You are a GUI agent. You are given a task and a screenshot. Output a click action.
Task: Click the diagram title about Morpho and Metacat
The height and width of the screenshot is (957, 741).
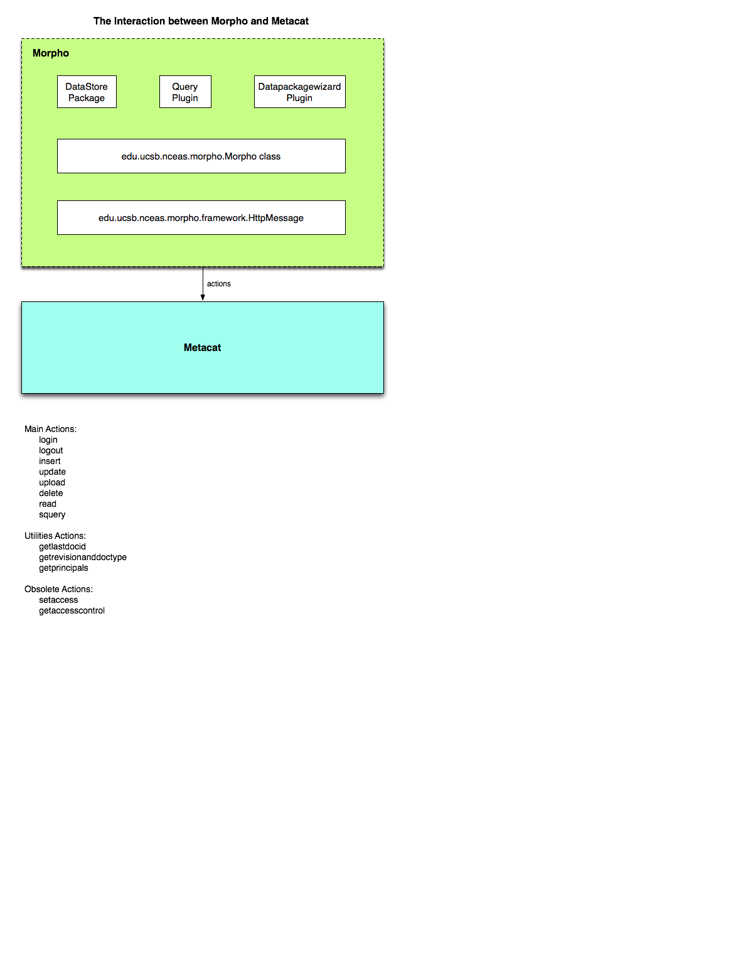(201, 21)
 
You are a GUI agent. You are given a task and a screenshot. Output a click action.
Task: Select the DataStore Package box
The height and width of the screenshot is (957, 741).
(87, 92)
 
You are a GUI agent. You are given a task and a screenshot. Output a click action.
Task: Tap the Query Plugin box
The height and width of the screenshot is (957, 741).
(185, 92)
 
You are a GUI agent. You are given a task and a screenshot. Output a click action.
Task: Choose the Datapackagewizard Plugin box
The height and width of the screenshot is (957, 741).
(300, 92)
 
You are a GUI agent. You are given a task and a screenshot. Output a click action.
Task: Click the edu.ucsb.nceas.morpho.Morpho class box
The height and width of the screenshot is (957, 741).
(201, 156)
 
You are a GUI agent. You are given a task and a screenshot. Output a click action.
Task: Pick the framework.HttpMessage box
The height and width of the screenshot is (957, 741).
(201, 217)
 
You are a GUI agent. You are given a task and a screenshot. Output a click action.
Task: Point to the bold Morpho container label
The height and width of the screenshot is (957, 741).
(51, 53)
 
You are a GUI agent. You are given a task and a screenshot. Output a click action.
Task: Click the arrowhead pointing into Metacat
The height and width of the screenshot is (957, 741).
(203, 298)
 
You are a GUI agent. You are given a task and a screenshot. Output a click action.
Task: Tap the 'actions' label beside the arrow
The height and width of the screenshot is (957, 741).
(219, 284)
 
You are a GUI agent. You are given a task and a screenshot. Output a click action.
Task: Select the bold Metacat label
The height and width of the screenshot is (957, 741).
(203, 347)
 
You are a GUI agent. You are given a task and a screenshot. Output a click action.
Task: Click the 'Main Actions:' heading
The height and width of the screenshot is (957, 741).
(51, 429)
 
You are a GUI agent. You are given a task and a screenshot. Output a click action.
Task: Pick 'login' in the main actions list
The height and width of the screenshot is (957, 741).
(48, 440)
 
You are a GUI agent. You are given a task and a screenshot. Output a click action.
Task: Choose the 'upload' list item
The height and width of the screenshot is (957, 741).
(52, 483)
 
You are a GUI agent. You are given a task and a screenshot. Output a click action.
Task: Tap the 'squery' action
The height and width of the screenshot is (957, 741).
(52, 515)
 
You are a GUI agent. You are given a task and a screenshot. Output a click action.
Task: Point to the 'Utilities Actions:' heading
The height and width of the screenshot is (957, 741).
(55, 536)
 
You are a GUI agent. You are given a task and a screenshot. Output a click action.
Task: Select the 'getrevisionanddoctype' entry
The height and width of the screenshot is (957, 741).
(83, 558)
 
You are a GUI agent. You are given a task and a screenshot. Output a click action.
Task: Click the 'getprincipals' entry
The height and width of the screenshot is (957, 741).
(63, 568)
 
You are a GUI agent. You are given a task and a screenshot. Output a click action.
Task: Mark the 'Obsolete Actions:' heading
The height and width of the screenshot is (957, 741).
(58, 589)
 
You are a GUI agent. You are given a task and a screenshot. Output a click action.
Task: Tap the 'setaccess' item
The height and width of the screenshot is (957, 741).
(58, 600)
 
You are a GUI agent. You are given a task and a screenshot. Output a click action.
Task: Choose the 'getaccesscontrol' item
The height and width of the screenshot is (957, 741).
(72, 611)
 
